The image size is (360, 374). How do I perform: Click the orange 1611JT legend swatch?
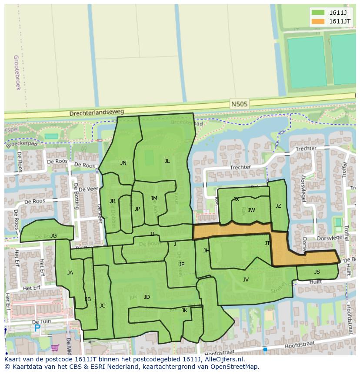318,21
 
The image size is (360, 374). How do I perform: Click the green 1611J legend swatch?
318,13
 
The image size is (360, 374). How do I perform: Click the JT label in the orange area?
267,243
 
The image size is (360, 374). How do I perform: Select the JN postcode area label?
123,163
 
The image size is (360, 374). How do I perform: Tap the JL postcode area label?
167,161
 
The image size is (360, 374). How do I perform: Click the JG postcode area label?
53,236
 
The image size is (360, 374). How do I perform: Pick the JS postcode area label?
317,272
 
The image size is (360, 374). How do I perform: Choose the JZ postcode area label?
278,206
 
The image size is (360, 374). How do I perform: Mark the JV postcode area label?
246,280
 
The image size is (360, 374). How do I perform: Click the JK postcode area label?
184,311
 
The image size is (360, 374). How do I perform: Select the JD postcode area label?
147,297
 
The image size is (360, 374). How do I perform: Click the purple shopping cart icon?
55,348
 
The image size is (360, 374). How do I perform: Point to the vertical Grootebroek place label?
17,72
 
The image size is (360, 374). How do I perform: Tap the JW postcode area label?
251,210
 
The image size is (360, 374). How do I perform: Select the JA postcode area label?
70,273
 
